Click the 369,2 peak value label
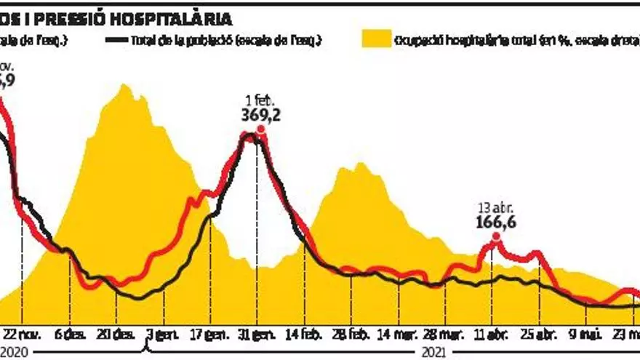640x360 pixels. pyautogui.click(x=260, y=115)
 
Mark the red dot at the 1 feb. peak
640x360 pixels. pyautogui.click(x=260, y=133)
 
